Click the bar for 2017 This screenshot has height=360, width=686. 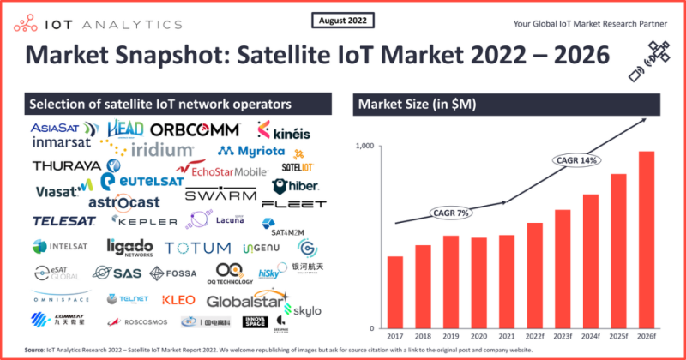click(395, 292)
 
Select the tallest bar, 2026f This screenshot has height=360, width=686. click(646, 240)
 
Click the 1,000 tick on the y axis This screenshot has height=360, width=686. click(363, 147)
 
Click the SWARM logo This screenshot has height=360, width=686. click(221, 195)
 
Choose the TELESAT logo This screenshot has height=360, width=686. click(63, 221)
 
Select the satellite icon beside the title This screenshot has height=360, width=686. click(651, 57)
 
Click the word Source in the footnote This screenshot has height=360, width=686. click(36, 351)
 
